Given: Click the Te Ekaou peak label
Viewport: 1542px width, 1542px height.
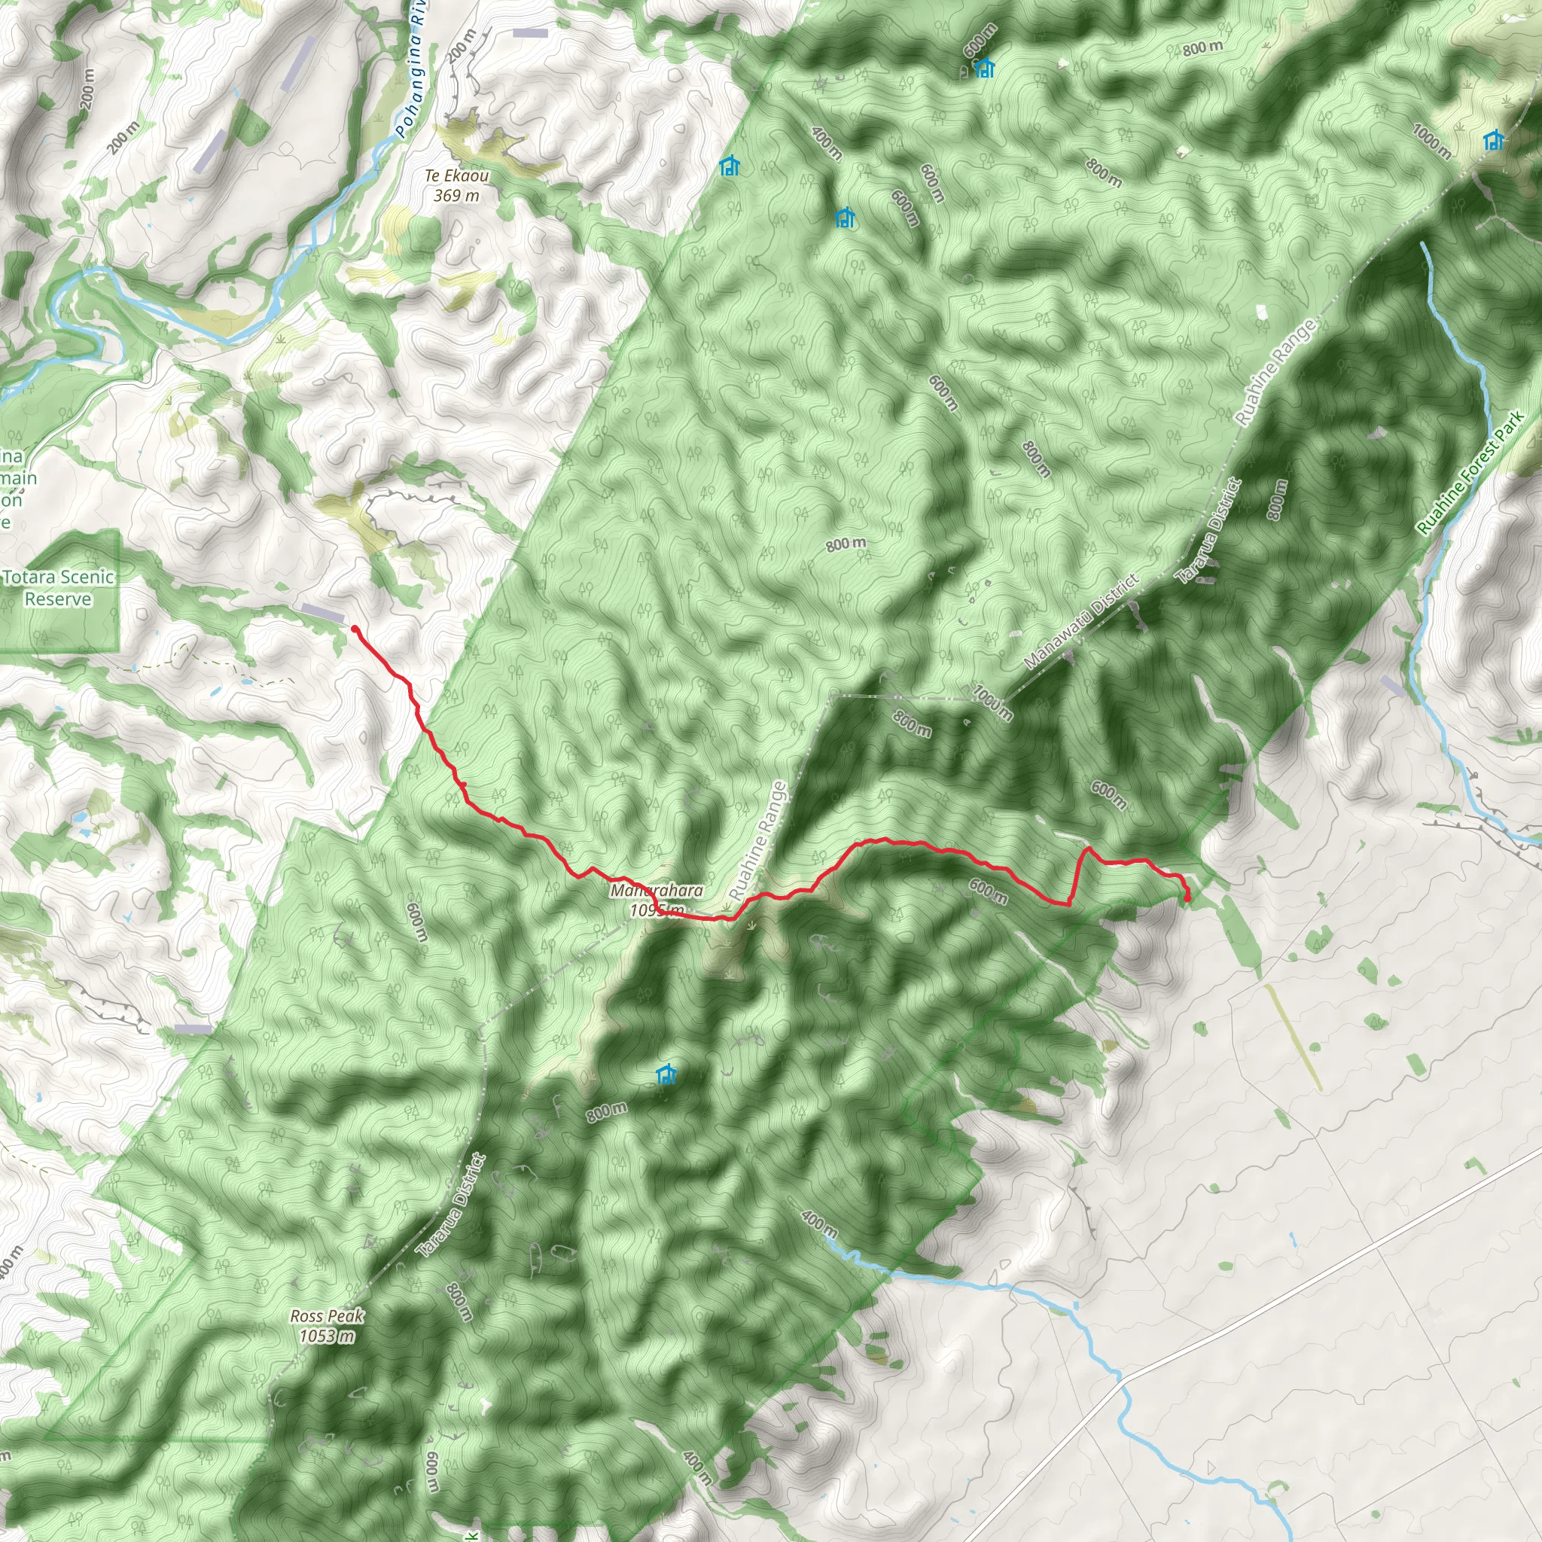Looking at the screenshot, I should (456, 175).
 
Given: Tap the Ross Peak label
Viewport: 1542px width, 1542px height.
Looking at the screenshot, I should (328, 1316).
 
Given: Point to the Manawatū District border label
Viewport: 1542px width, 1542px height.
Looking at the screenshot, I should (1080, 622).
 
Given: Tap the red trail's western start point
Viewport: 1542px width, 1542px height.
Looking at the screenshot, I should (355, 629).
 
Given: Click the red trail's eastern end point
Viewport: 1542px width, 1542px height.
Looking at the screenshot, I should (1187, 899).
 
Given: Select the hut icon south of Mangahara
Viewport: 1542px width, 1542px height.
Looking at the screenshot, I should (666, 1074).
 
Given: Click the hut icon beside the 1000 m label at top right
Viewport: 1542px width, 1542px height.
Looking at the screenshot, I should (1493, 142).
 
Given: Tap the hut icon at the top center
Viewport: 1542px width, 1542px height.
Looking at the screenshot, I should (985, 69).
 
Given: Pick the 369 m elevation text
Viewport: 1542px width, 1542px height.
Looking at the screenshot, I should (456, 196).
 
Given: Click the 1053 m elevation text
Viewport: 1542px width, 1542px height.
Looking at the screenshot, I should (328, 1336).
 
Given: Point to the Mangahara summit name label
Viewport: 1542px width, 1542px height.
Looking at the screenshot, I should (656, 890).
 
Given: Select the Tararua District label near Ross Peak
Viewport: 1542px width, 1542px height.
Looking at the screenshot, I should (451, 1207).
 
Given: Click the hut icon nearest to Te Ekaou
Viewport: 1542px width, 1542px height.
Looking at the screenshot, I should (729, 166).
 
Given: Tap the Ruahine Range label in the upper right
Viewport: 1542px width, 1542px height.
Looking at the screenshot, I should (1275, 372).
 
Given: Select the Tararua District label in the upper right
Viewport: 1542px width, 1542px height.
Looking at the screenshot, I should (1211, 532).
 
